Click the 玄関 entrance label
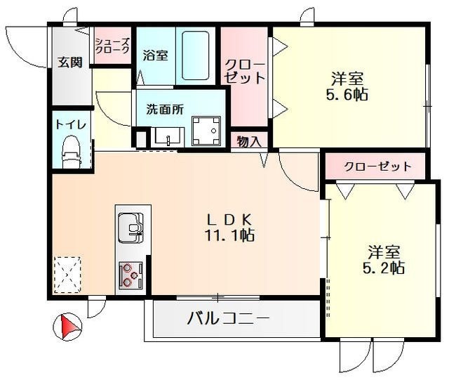click(x=70, y=62)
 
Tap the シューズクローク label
click(x=112, y=46)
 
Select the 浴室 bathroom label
click(x=155, y=55)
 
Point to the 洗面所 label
click(x=164, y=110)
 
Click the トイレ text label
click(x=71, y=125)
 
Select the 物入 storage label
click(x=249, y=141)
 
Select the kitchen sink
click(x=130, y=227)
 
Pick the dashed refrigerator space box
click(x=67, y=274)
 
